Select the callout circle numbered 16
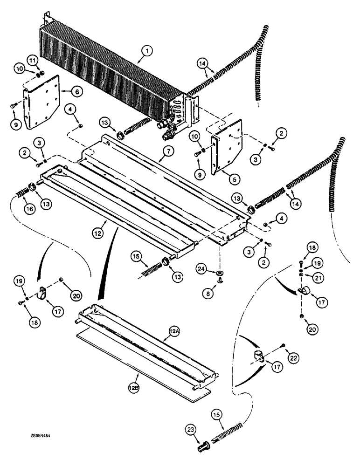click(29, 209)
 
